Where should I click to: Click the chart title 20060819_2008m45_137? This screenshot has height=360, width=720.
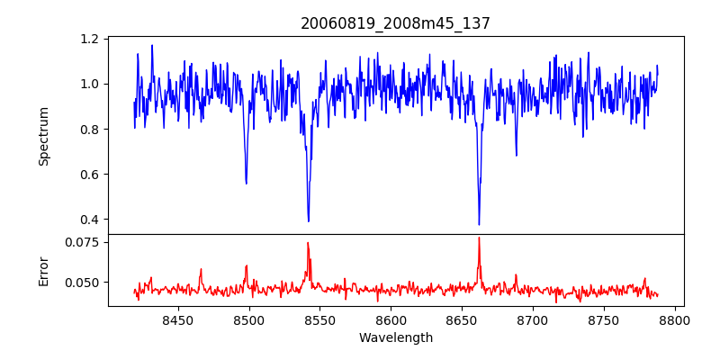point(395,23)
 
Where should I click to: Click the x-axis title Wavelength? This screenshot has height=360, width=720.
point(395,337)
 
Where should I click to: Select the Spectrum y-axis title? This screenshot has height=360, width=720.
point(44,136)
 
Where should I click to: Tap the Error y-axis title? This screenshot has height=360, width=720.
point(44,270)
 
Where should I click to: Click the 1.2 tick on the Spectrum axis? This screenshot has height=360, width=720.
point(89,40)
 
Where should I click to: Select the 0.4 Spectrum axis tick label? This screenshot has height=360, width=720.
point(89,220)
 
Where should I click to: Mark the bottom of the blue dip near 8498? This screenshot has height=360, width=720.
point(246,184)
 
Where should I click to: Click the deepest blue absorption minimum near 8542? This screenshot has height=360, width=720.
point(309,221)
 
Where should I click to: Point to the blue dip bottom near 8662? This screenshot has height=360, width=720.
point(479,224)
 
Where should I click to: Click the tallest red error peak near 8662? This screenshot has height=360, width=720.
point(479,238)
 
